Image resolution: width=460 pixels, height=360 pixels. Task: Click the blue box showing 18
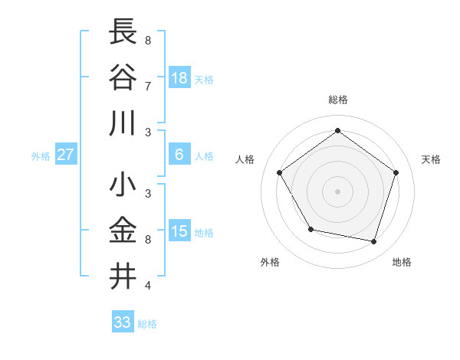point(179,78)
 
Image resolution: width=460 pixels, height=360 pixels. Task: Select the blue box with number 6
point(179,155)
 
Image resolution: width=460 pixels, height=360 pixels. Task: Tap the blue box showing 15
point(179,231)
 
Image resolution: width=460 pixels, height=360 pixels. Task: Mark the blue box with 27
point(66,155)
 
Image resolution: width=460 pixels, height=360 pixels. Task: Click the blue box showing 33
point(123,322)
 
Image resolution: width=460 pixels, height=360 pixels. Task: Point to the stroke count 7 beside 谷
point(147,86)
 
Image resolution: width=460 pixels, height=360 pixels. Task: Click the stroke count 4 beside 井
point(147,286)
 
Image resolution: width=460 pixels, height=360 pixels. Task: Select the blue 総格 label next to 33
point(147,324)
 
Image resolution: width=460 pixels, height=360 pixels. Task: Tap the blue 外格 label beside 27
point(41,156)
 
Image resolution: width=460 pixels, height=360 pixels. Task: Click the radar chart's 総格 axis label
point(337,100)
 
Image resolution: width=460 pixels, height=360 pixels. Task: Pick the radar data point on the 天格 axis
point(396,172)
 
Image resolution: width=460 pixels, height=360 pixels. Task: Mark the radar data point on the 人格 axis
point(280,172)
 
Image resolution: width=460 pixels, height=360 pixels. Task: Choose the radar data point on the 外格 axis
point(310,229)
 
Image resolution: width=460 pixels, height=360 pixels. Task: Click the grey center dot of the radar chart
point(337,191)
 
